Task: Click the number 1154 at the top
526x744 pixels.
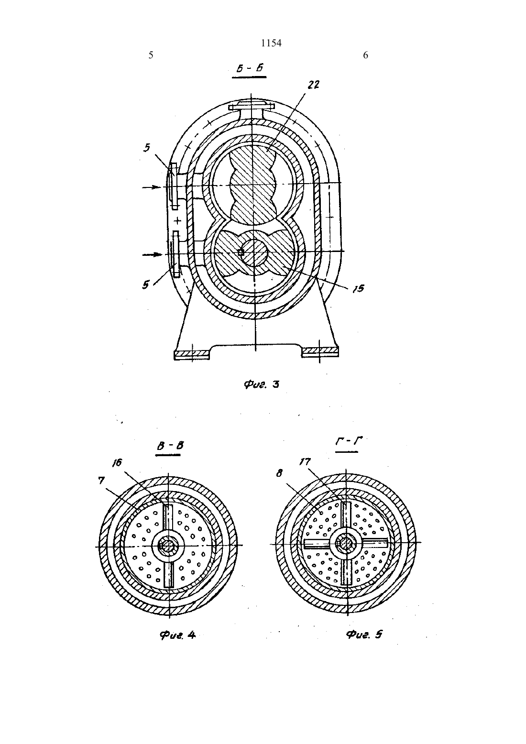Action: pos(271,43)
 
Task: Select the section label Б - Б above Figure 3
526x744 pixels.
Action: pos(250,69)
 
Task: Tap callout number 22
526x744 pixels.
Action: pos(313,85)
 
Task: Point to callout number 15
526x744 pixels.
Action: pos(358,288)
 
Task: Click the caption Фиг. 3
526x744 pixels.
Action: pos(262,384)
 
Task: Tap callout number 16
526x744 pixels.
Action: pos(117,463)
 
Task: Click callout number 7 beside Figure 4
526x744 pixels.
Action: pos(101,480)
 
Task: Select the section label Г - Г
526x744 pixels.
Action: pos(348,441)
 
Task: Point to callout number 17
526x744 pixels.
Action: pos(305,461)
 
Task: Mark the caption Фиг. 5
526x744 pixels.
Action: pos(364,634)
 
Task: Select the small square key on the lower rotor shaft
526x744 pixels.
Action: pos(241,252)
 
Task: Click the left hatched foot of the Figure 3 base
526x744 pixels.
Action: pos(192,353)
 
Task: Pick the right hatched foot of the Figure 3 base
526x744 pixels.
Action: pos(320,352)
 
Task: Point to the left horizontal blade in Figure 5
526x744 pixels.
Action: pos(317,544)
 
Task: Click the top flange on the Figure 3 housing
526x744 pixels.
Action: pos(252,106)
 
